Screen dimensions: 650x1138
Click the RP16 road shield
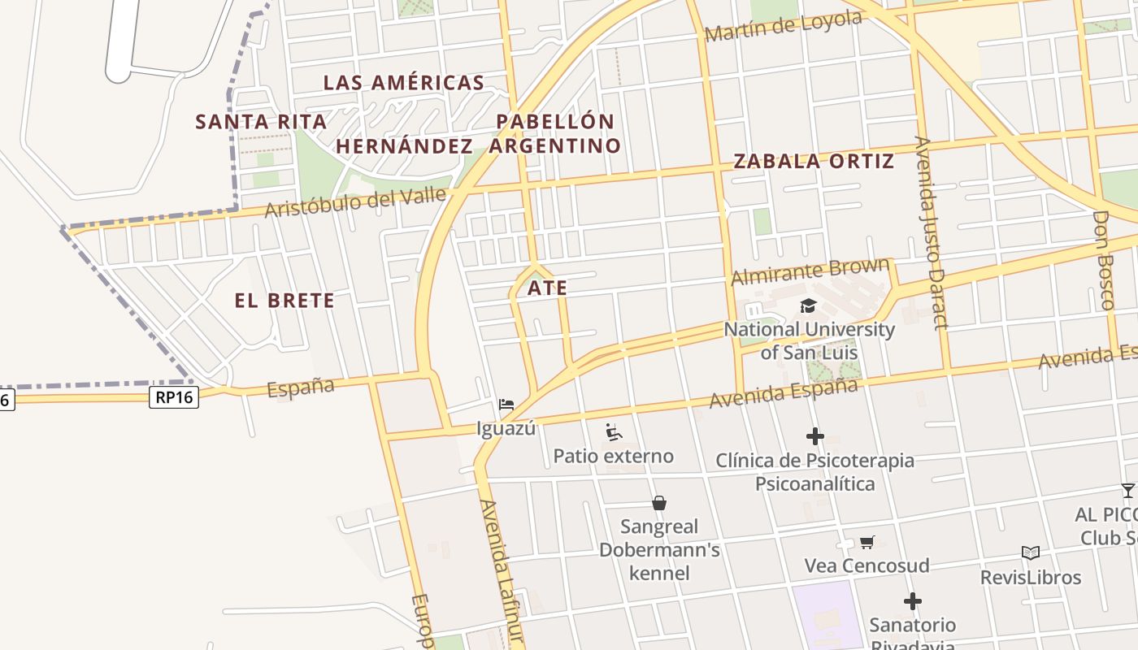tap(174, 396)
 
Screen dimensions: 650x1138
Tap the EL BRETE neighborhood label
tap(284, 301)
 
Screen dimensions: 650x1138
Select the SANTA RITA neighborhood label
tap(261, 122)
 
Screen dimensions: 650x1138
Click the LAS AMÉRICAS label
tap(404, 82)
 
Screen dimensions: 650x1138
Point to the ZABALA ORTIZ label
tap(814, 161)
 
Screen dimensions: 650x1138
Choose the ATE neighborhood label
tap(547, 288)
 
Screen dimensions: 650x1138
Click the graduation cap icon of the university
tap(808, 306)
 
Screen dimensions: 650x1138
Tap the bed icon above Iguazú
tap(506, 404)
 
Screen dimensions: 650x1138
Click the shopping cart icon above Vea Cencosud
tap(867, 542)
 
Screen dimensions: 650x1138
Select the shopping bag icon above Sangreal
tap(659, 504)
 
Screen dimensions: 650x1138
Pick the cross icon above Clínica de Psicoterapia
tap(814, 436)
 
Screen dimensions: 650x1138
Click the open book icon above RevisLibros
tap(1031, 553)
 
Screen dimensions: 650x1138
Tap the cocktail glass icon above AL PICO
tap(1127, 490)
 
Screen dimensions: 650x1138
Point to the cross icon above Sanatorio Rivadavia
tap(912, 601)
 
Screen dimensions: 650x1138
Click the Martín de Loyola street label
tap(783, 27)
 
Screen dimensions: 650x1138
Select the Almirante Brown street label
tap(810, 271)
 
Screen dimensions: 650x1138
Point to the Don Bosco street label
tap(1103, 260)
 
